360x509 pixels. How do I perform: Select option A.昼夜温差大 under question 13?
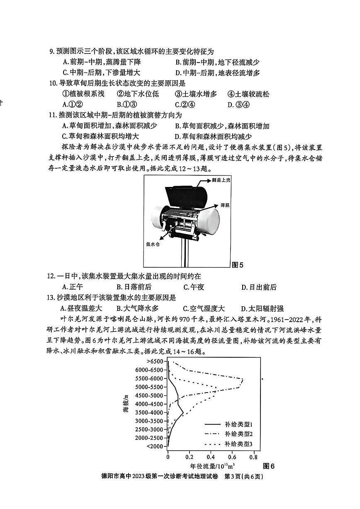[x=81, y=308]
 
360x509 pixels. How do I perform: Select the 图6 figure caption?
[x=269, y=466]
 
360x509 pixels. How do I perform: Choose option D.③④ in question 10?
[x=238, y=104]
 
